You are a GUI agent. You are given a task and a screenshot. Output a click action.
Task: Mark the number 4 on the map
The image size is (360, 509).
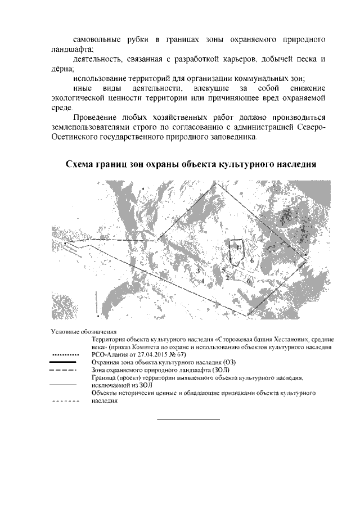tap(202, 280)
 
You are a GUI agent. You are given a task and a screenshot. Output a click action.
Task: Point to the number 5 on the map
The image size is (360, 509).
tap(223, 271)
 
